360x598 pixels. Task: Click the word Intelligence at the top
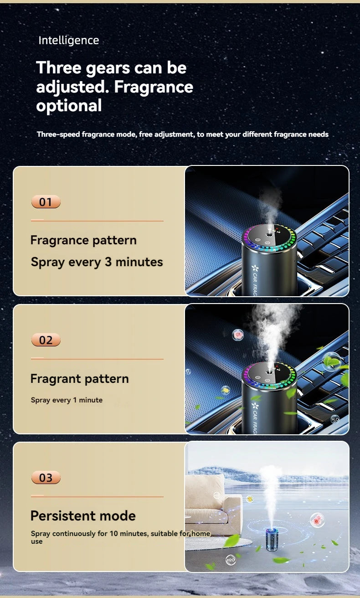point(69,41)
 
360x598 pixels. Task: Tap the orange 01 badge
point(46,202)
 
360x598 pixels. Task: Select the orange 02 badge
point(46,340)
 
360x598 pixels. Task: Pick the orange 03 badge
point(46,477)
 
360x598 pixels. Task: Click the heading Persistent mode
point(83,516)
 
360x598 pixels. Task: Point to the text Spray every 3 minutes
point(97,262)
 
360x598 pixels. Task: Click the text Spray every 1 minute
point(67,400)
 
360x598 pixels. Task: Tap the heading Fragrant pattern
point(80,379)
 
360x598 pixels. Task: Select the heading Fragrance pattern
point(83,240)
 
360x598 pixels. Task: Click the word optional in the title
point(69,106)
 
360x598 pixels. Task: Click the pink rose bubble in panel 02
point(238,335)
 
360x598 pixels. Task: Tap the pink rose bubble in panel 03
point(317,520)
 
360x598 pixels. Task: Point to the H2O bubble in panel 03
point(230,560)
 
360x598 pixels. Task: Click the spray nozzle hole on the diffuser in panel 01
point(269,235)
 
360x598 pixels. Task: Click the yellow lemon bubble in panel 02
point(226,390)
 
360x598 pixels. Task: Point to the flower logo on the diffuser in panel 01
point(255,268)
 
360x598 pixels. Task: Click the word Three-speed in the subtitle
point(58,134)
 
